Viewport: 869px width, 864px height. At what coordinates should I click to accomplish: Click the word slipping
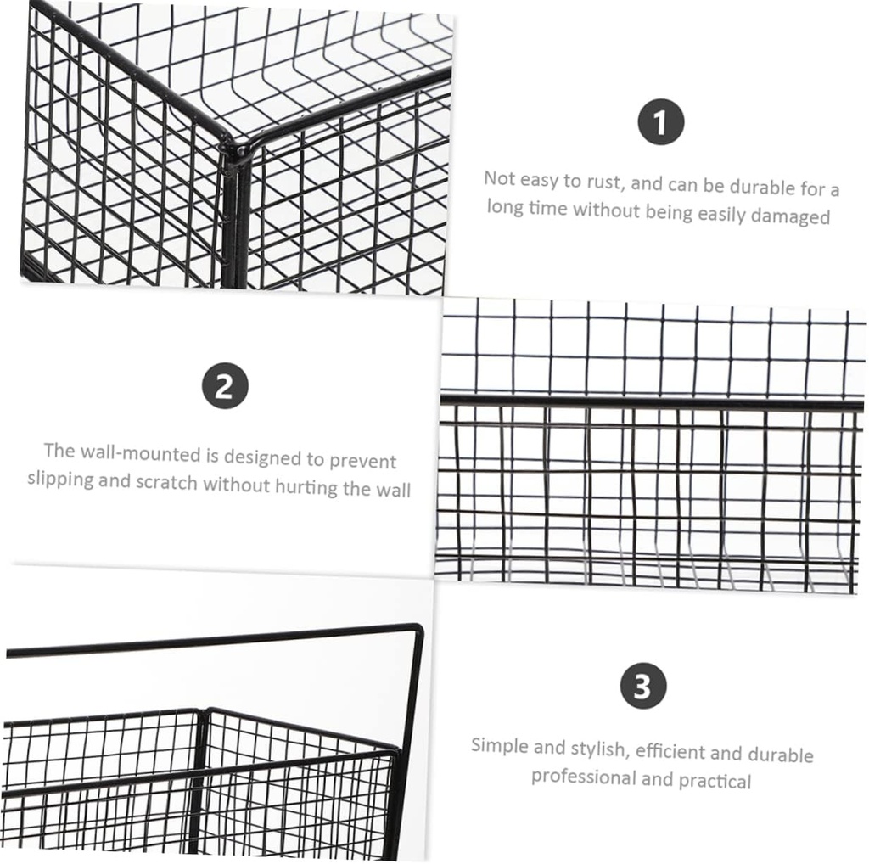(x=61, y=479)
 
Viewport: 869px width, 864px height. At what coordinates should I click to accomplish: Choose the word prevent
(x=363, y=460)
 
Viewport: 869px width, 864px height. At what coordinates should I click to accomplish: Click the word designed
(x=264, y=457)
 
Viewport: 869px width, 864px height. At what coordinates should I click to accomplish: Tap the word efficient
(x=670, y=751)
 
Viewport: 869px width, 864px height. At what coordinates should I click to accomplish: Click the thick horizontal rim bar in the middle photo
(x=645, y=401)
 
